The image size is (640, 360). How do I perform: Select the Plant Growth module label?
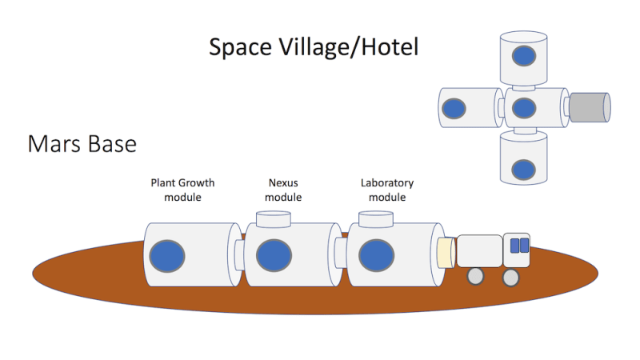coord(182,190)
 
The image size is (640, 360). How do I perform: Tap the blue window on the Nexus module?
coord(271,257)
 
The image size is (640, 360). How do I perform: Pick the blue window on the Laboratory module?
coord(373,256)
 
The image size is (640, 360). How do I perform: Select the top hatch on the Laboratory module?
coord(375,218)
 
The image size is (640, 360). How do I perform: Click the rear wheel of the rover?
coord(475,277)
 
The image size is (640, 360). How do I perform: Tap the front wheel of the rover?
coord(510,277)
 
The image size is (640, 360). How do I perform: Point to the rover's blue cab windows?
coord(519,245)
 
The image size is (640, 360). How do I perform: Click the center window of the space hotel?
coord(523,108)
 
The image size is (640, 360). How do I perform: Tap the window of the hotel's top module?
coord(523,57)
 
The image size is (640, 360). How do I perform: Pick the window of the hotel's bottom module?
coord(523,169)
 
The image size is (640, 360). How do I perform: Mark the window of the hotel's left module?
coord(454,109)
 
